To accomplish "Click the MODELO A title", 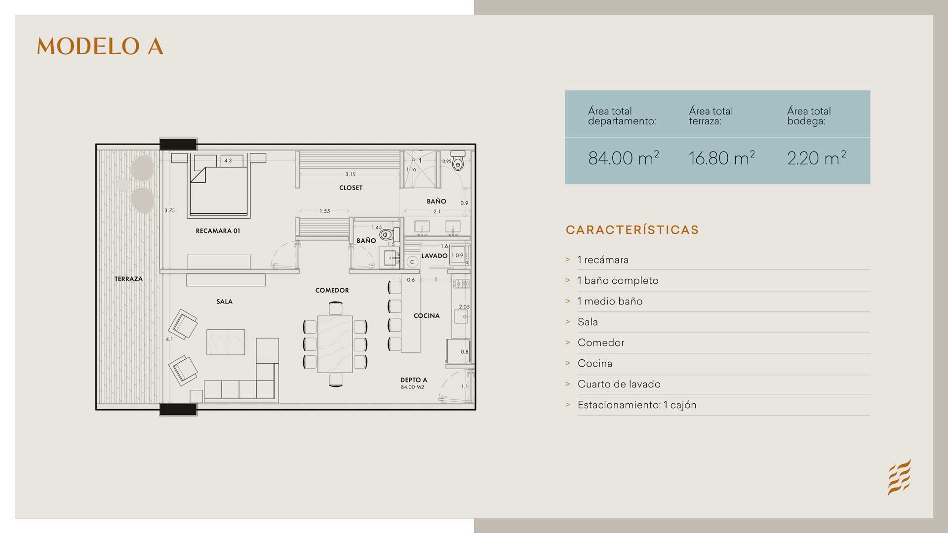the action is click(100, 46).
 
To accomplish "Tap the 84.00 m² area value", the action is click(623, 158).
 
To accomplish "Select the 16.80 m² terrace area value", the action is click(721, 158).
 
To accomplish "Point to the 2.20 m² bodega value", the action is click(817, 158).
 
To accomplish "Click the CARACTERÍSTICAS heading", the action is click(632, 230).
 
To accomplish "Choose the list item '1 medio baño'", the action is click(610, 301).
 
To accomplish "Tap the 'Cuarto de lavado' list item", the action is click(619, 384).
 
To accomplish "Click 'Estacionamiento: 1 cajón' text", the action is click(637, 405).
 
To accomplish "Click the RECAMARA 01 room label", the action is click(218, 231).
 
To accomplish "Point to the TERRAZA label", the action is click(128, 279).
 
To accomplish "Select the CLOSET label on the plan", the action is click(351, 188).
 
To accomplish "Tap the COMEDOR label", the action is click(332, 290).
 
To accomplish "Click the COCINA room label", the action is click(427, 316).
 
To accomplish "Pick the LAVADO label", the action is click(434, 256).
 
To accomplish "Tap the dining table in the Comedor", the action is click(335, 344).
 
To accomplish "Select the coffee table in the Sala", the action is click(226, 342).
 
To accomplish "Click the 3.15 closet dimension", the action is click(351, 174).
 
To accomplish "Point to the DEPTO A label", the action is click(414, 380).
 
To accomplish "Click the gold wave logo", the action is click(899, 477).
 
